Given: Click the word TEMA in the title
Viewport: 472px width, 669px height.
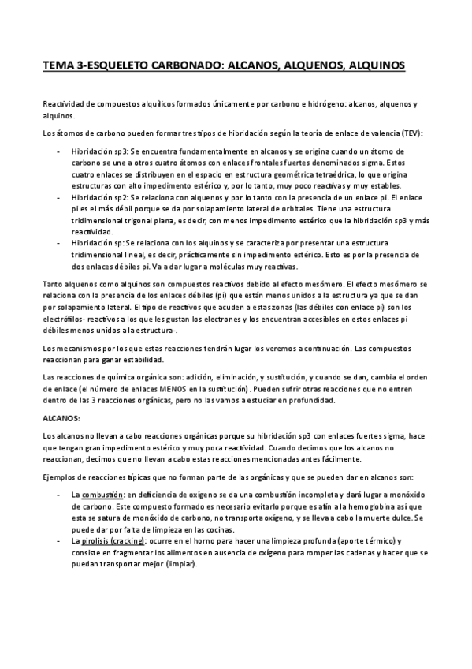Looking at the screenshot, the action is pos(58,66).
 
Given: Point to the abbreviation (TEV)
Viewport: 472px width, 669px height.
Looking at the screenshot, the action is pos(411,133).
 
